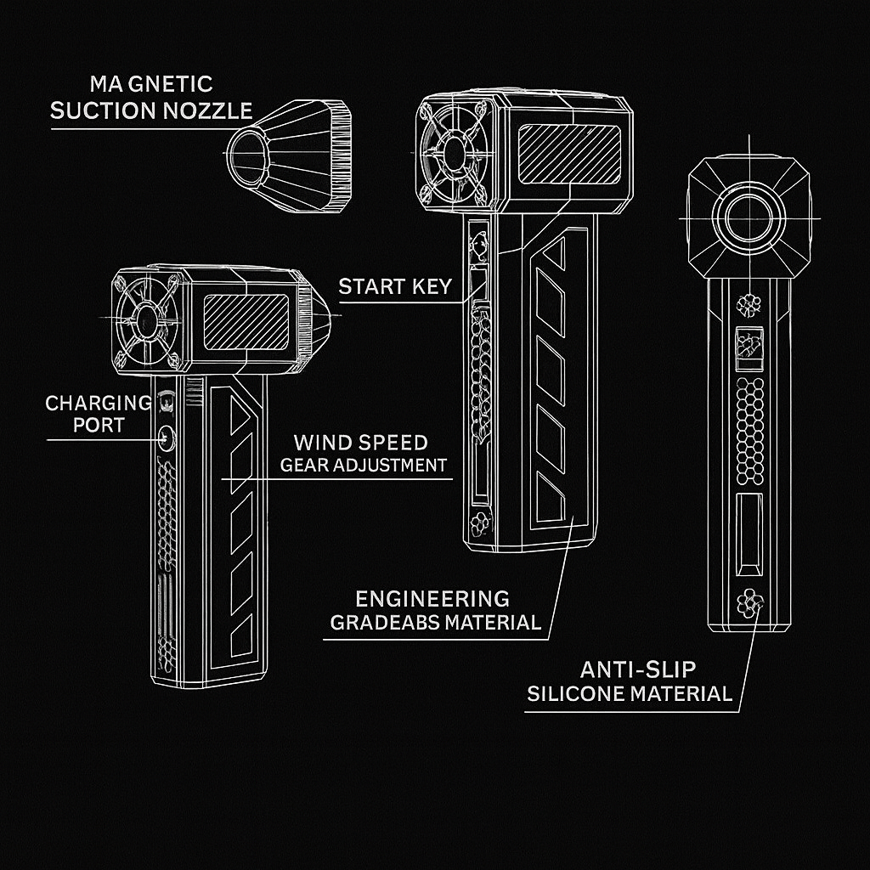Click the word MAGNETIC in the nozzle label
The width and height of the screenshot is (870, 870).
click(151, 84)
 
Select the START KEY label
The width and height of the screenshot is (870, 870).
click(395, 286)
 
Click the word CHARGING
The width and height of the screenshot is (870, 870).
click(99, 403)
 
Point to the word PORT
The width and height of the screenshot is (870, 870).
click(99, 425)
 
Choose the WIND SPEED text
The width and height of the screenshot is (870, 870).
click(360, 443)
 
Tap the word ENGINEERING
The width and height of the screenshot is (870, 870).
click(432, 599)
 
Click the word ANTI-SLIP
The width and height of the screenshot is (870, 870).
click(637, 669)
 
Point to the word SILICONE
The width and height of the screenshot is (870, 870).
click(576, 693)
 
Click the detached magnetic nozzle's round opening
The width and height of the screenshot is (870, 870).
click(248, 156)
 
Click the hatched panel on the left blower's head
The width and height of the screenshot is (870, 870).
click(246, 322)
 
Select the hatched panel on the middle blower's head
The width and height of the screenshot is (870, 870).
click(569, 154)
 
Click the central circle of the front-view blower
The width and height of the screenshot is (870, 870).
click(749, 217)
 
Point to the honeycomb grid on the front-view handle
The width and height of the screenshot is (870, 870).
click(749, 431)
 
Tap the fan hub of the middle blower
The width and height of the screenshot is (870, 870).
click(455, 153)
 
